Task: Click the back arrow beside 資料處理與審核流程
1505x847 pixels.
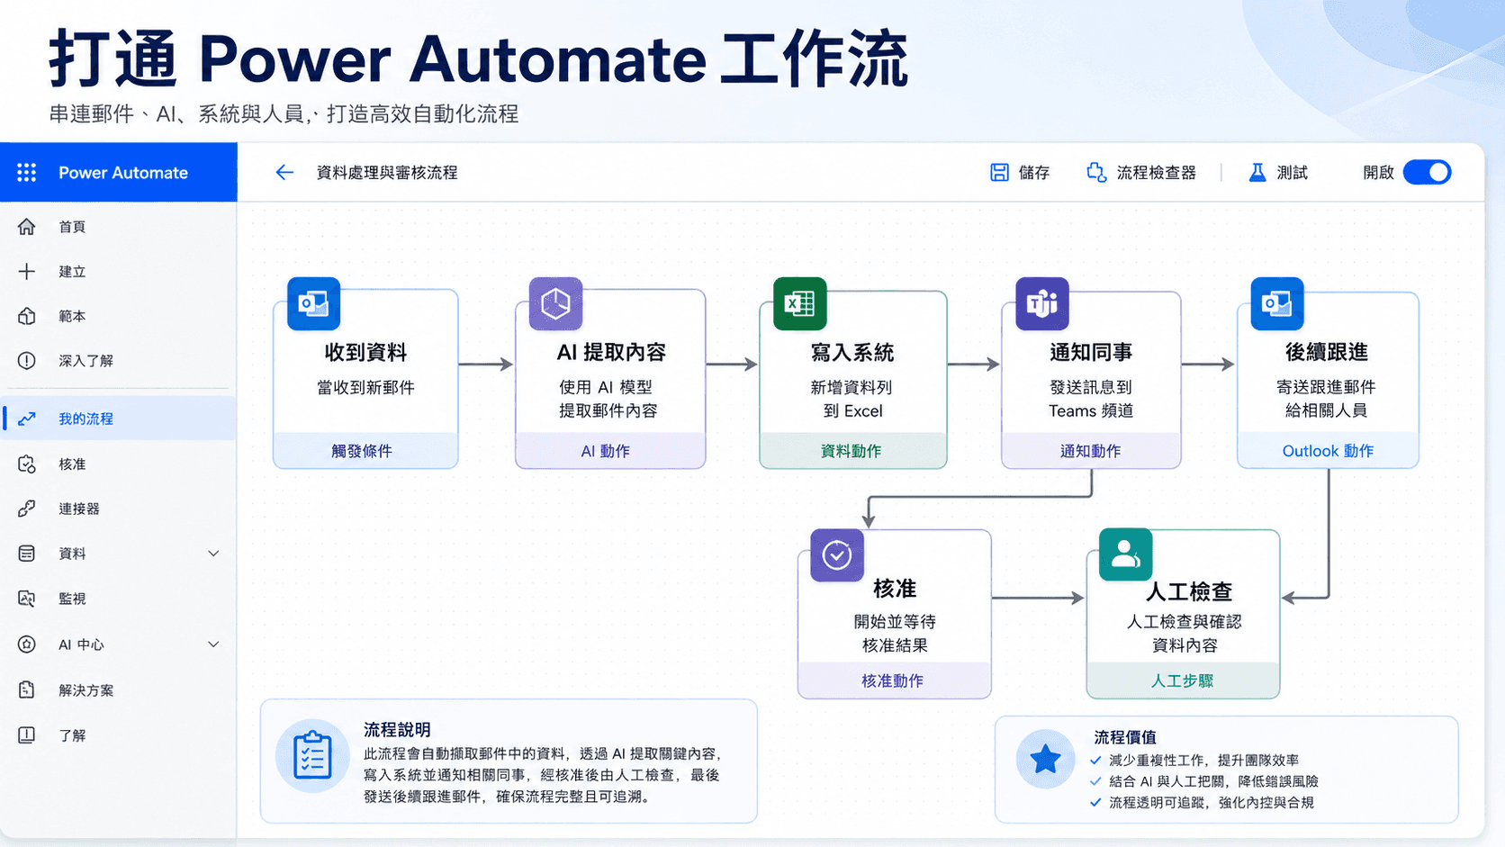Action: pyautogui.click(x=284, y=173)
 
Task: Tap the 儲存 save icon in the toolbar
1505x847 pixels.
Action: pyautogui.click(x=999, y=173)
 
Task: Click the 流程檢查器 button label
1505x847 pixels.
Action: pyautogui.click(x=1157, y=173)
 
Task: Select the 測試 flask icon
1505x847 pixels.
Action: pyautogui.click(x=1257, y=173)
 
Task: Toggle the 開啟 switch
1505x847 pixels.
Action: pyautogui.click(x=1427, y=173)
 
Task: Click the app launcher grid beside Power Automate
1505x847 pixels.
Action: pyautogui.click(x=26, y=173)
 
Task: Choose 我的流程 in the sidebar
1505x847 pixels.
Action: pyautogui.click(x=86, y=419)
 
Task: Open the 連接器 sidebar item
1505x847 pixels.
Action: pyautogui.click(x=79, y=509)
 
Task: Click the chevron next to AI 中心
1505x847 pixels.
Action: pyautogui.click(x=213, y=644)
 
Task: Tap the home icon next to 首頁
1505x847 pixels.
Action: pyautogui.click(x=26, y=227)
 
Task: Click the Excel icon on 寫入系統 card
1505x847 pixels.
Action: pyautogui.click(x=799, y=303)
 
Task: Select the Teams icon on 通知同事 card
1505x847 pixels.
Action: pyautogui.click(x=1042, y=303)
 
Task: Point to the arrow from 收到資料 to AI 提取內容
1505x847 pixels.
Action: pyautogui.click(x=486, y=364)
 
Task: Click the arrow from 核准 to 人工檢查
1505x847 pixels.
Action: pyautogui.click(x=1038, y=597)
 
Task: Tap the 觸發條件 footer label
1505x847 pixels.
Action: pyautogui.click(x=362, y=451)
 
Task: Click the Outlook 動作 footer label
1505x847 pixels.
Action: pyautogui.click(x=1328, y=451)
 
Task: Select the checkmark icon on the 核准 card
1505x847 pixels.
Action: pyautogui.click(x=837, y=555)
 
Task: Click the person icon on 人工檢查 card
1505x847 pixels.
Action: pyautogui.click(x=1125, y=554)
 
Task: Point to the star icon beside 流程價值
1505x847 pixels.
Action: pyautogui.click(x=1045, y=760)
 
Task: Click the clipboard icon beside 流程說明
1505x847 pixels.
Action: pyautogui.click(x=312, y=756)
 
